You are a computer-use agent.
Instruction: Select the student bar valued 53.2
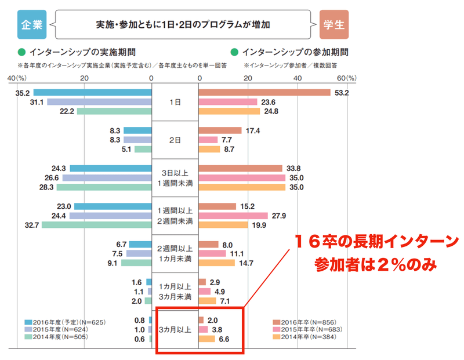pyautogui.click(x=264, y=92)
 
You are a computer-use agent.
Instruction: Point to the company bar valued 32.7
pyautogui.click(x=96, y=224)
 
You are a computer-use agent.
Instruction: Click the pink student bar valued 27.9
pyautogui.click(x=233, y=216)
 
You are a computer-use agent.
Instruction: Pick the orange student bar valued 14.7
pyautogui.click(x=217, y=262)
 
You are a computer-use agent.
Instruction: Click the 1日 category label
pyautogui.click(x=175, y=102)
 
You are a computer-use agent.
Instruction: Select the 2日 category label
pyautogui.click(x=175, y=140)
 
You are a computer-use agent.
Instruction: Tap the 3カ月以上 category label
pyautogui.click(x=175, y=329)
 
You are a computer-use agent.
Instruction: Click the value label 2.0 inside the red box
pyautogui.click(x=212, y=320)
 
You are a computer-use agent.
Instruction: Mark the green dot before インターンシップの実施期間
pyautogui.click(x=23, y=52)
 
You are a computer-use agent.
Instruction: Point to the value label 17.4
pyautogui.click(x=252, y=130)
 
